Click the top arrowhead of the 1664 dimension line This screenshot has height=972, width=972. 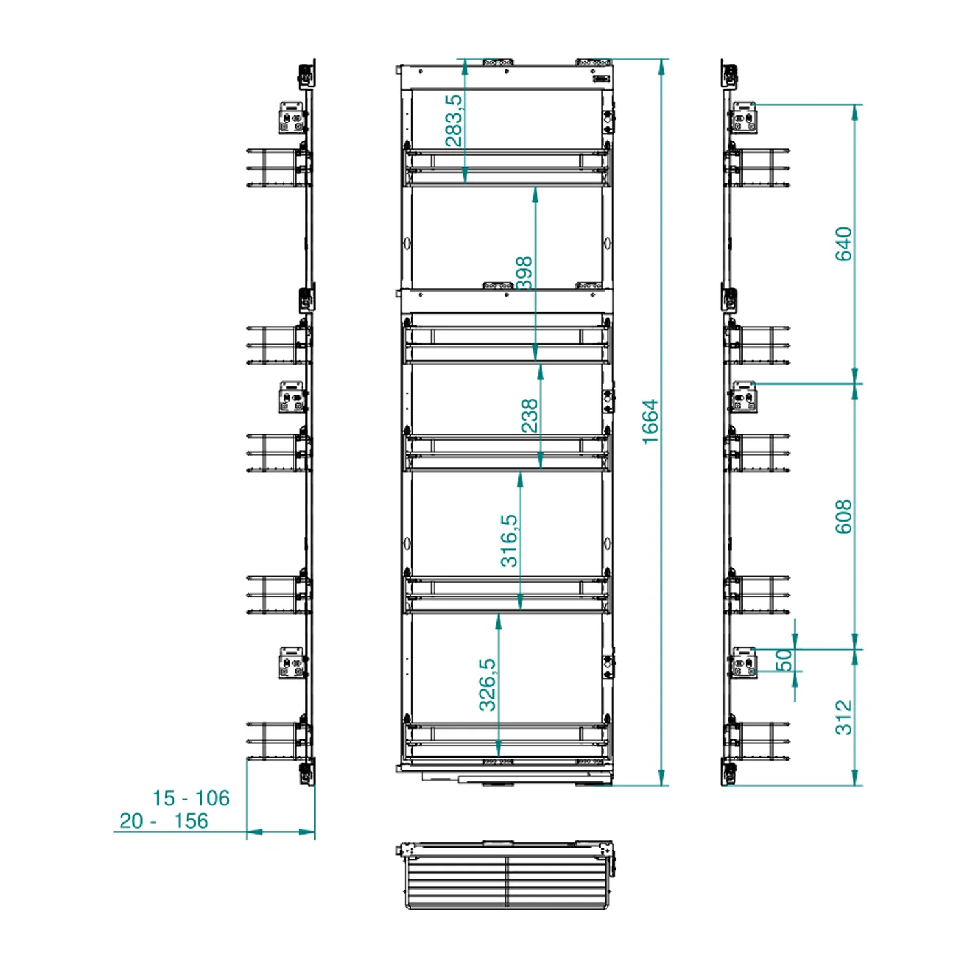[662, 60]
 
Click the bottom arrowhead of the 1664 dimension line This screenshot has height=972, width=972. [662, 785]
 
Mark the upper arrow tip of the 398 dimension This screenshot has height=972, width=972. [535, 187]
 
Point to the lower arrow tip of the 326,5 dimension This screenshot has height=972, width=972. [498, 757]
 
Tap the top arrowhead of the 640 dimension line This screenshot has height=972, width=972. [855, 105]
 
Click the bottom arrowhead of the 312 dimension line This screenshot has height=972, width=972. [855, 785]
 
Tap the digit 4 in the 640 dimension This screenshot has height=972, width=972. [843, 244]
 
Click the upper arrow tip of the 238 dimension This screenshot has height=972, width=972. [540, 365]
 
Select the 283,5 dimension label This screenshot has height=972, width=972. [454, 121]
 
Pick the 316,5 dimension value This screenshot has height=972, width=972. [509, 540]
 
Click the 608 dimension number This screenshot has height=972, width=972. [843, 516]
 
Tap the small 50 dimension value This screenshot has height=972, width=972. [784, 660]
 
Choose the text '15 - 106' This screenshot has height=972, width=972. [191, 798]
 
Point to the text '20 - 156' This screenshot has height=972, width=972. [164, 820]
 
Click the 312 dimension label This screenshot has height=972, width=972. [843, 717]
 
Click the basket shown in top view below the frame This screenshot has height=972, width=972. [505, 875]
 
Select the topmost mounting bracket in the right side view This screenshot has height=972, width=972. [743, 118]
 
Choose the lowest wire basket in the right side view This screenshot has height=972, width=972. [757, 741]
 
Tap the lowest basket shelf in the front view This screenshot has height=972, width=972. [506, 739]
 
